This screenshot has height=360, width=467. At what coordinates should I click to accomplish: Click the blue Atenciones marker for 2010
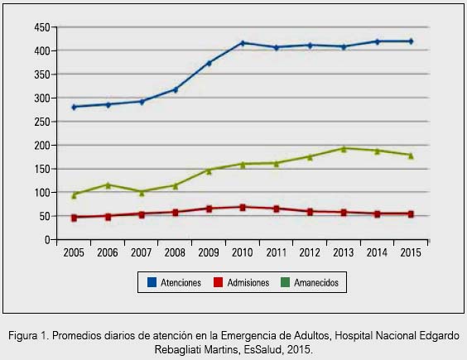pos(243,43)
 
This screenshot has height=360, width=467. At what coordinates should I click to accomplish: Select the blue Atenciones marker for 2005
pos(75,107)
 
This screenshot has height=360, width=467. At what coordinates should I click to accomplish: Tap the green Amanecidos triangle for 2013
pos(344,149)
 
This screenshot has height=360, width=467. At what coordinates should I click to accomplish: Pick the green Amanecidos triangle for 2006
pos(108,185)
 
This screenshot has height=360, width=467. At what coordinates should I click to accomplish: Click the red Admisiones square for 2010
pos(243,207)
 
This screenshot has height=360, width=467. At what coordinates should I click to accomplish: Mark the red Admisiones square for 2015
pos(411,214)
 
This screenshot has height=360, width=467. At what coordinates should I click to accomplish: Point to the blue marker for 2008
pos(176,89)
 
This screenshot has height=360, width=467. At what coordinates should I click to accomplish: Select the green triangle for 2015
pos(411,156)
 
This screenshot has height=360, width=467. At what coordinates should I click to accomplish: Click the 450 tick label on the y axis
pos(42,27)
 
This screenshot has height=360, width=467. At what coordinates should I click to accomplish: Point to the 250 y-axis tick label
pos(42,122)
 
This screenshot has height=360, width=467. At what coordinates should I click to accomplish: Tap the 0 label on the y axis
pos(47,240)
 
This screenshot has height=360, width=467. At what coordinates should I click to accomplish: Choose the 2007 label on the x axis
pos(141,252)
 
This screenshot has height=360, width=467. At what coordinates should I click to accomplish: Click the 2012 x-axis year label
pos(310,252)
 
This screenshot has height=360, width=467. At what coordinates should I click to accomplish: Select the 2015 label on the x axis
pos(411,252)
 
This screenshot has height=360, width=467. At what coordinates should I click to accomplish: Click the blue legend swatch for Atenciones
pos(152,282)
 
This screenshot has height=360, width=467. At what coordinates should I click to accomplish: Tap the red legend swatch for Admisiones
pos(219,282)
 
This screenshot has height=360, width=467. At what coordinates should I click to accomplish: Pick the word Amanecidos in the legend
pos(316,282)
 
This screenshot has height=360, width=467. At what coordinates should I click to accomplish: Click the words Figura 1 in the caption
pos(29,335)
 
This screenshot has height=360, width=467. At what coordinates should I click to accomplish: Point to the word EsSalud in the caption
pos(262,349)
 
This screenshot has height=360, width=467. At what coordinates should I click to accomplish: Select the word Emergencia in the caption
pos(248,336)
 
